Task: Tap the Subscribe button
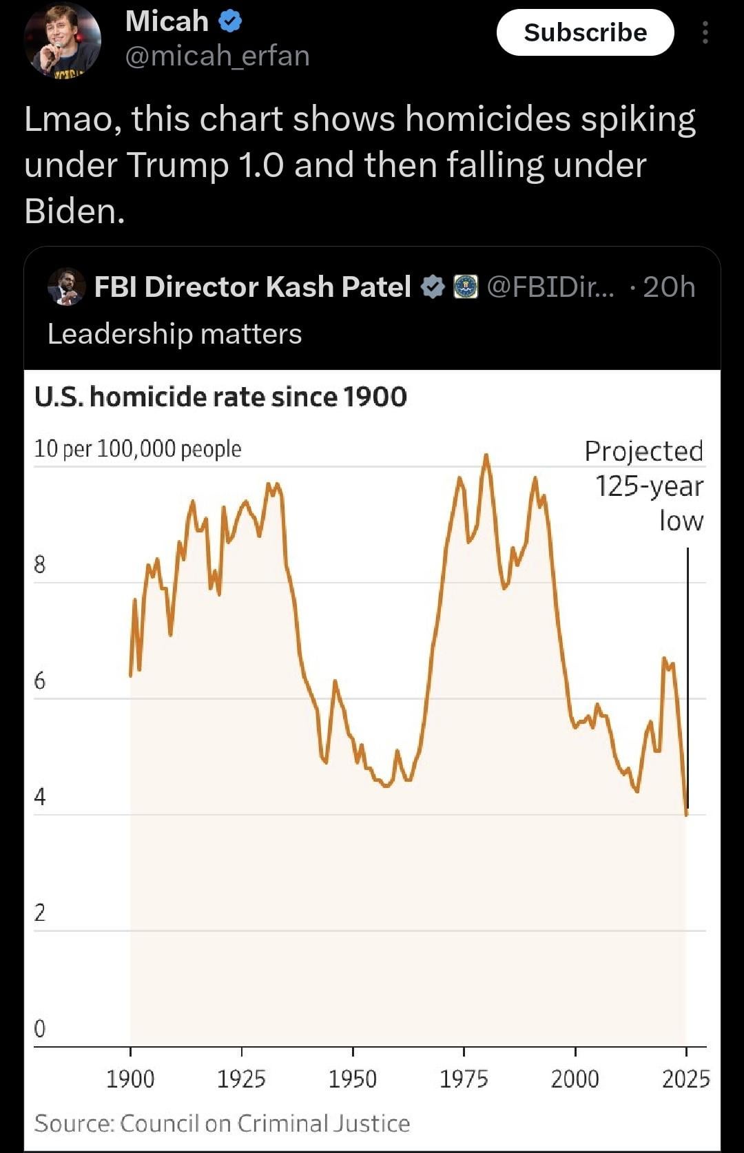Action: [585, 32]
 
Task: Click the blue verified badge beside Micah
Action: [230, 22]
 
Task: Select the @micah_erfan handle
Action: [217, 56]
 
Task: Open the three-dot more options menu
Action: [705, 32]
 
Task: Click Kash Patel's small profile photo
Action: [66, 287]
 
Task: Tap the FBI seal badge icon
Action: [466, 287]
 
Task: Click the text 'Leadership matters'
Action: [174, 334]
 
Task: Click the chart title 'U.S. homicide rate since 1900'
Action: [220, 397]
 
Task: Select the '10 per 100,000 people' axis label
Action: [138, 448]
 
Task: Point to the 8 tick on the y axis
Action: [39, 565]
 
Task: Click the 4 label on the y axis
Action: [39, 797]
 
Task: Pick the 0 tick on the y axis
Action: [39, 1028]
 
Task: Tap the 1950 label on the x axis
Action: [352, 1079]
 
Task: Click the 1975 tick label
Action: [464, 1079]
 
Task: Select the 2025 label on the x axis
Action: [685, 1079]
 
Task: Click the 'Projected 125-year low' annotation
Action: [645, 486]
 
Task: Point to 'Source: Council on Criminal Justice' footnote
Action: [222, 1123]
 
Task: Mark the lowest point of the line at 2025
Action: [686, 814]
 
